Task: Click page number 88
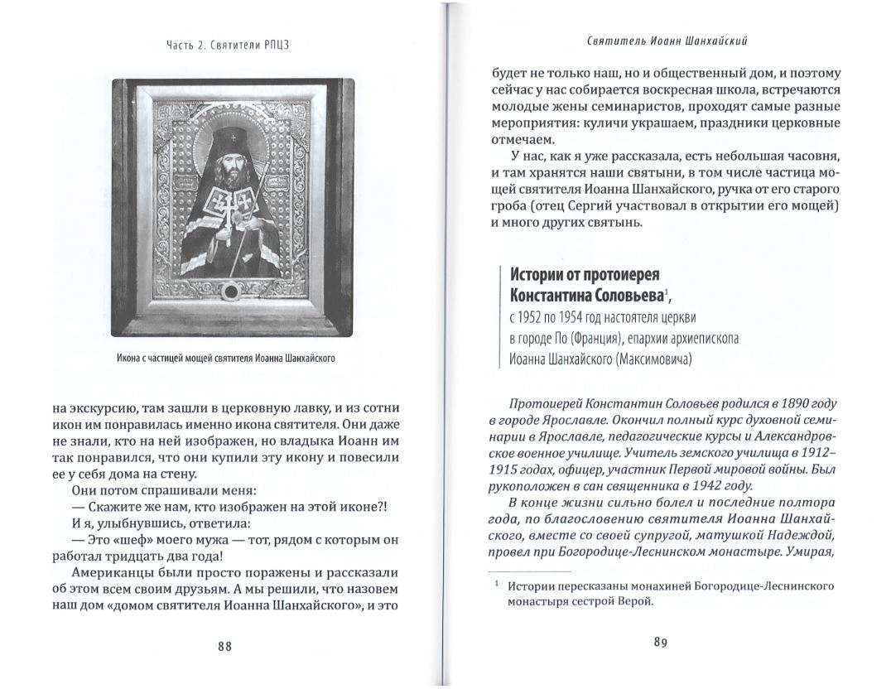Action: tap(224, 647)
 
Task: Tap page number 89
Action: tap(660, 642)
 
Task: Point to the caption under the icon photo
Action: tap(231, 358)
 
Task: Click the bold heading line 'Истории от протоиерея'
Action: tap(585, 275)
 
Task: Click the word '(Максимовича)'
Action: tap(650, 359)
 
